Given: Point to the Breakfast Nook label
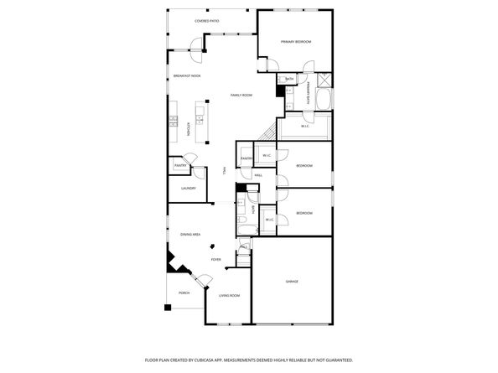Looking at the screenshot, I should pos(187,76).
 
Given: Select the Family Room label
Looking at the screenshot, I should pos(241,96).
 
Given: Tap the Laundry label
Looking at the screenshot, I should pos(189,188).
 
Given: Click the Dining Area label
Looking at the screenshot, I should pos(190,235).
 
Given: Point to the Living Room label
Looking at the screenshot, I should pos(230,296).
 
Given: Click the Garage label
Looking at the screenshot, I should pos(292,282).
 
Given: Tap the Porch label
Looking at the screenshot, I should pos(184,293).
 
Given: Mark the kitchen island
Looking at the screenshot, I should pos(202,122).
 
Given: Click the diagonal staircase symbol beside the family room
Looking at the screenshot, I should pos(269,133).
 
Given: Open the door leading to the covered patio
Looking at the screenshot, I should pos(198,54).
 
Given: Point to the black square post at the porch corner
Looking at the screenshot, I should pos(168,308).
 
